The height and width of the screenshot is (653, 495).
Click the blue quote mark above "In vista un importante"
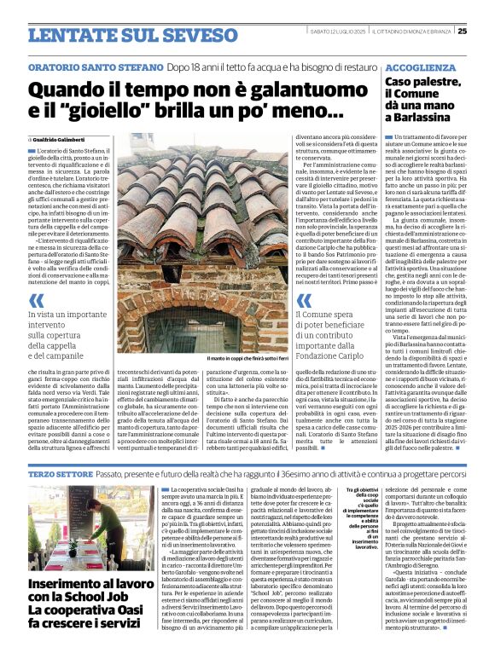pyautogui.click(x=36, y=300)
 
